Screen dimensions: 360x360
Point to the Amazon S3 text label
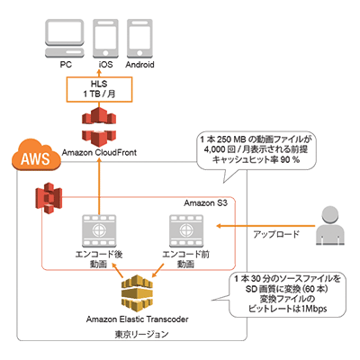(x=208, y=203)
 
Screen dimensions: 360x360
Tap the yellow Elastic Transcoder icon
(x=135, y=292)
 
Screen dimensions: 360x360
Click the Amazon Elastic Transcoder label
(x=135, y=319)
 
